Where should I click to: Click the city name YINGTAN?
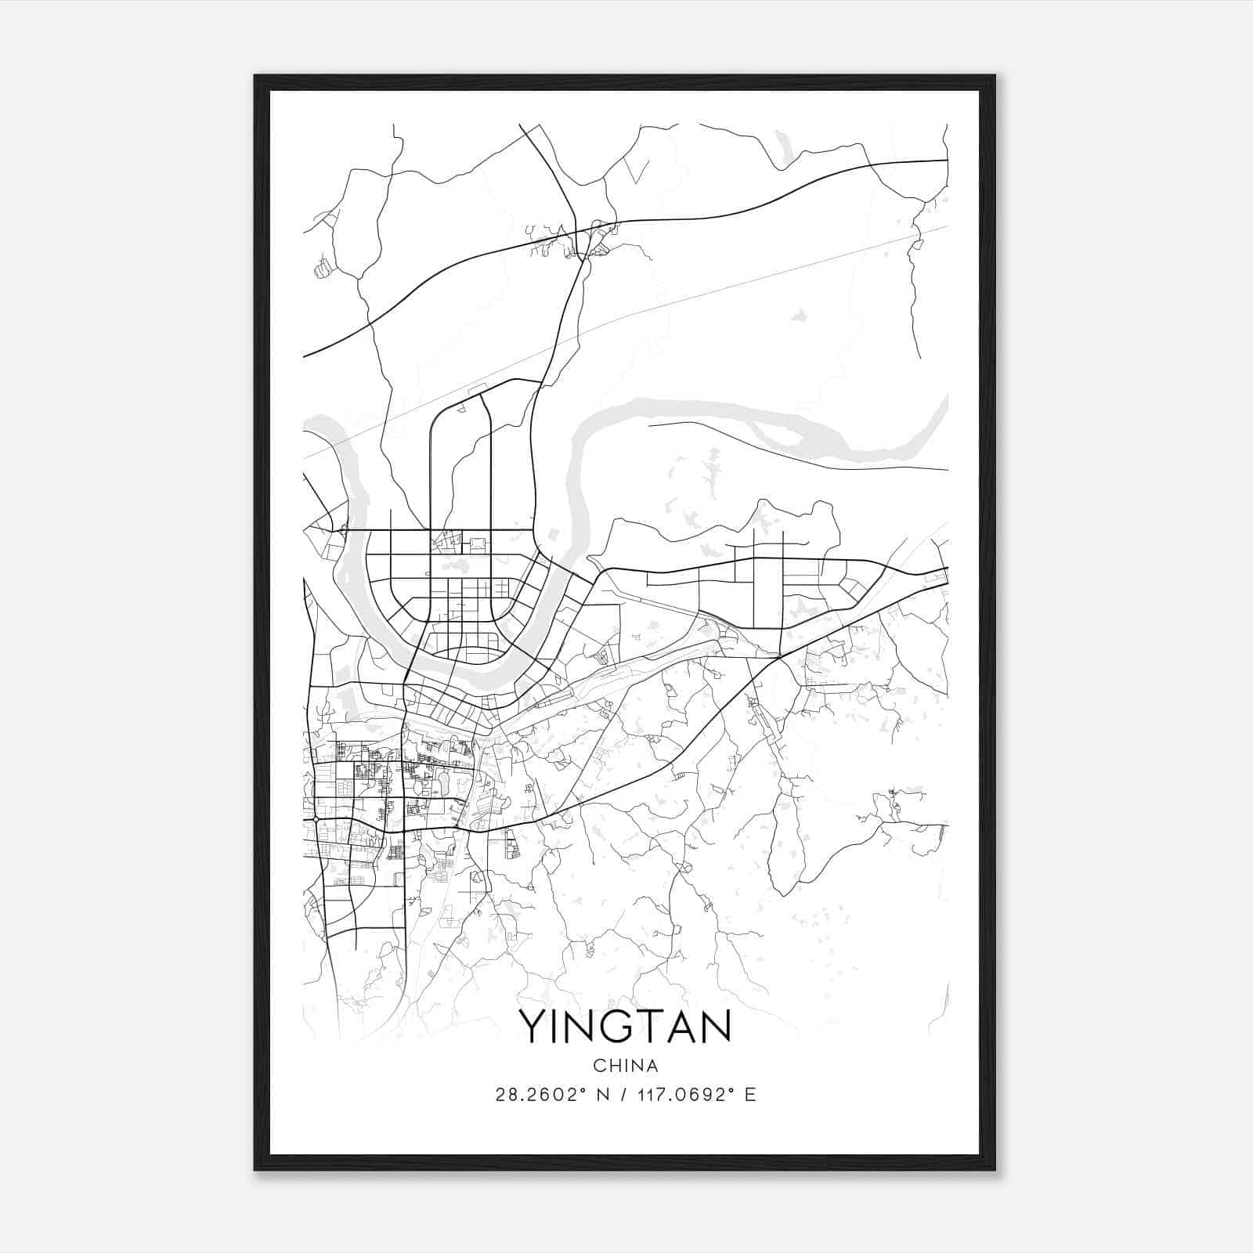pos(625,1027)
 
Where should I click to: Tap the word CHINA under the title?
pos(626,1066)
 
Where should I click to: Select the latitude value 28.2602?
pos(537,1095)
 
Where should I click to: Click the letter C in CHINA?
pos(599,1066)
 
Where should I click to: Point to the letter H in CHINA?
pos(612,1066)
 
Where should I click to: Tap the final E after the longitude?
pos(750,1095)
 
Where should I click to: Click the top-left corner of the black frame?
pos(255,77)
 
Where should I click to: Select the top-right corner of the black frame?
pos(994,77)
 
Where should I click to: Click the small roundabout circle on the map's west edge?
pos(315,818)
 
